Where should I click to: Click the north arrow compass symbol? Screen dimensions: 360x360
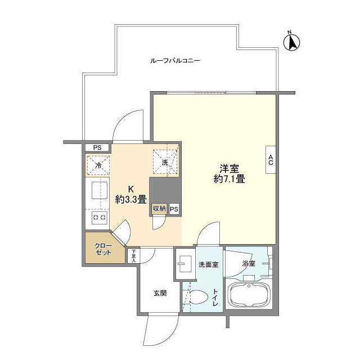[x=292, y=42]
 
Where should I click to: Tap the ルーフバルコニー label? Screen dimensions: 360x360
[x=175, y=61]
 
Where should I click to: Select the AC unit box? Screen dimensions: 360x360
[x=271, y=160]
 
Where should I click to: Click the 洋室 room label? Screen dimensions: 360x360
[x=229, y=169]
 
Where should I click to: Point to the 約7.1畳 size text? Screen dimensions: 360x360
[x=229, y=179]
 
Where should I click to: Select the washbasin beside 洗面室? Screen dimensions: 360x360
[x=185, y=264]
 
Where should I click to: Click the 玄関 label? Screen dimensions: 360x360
[x=160, y=293]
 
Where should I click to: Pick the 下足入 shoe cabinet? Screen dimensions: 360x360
[x=133, y=256]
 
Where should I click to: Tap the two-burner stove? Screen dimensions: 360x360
[x=100, y=217]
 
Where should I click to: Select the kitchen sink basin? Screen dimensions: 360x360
[x=100, y=190]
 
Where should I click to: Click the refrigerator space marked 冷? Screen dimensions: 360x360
[x=98, y=165]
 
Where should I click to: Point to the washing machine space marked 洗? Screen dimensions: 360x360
[x=165, y=163]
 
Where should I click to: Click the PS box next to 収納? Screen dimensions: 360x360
[x=174, y=209]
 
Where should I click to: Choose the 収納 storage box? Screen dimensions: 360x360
[x=159, y=209]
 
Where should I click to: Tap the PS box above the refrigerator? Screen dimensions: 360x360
[x=97, y=147]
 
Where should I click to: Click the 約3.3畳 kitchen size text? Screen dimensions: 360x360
[x=131, y=199]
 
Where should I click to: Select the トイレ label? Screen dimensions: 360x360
[x=215, y=298]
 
